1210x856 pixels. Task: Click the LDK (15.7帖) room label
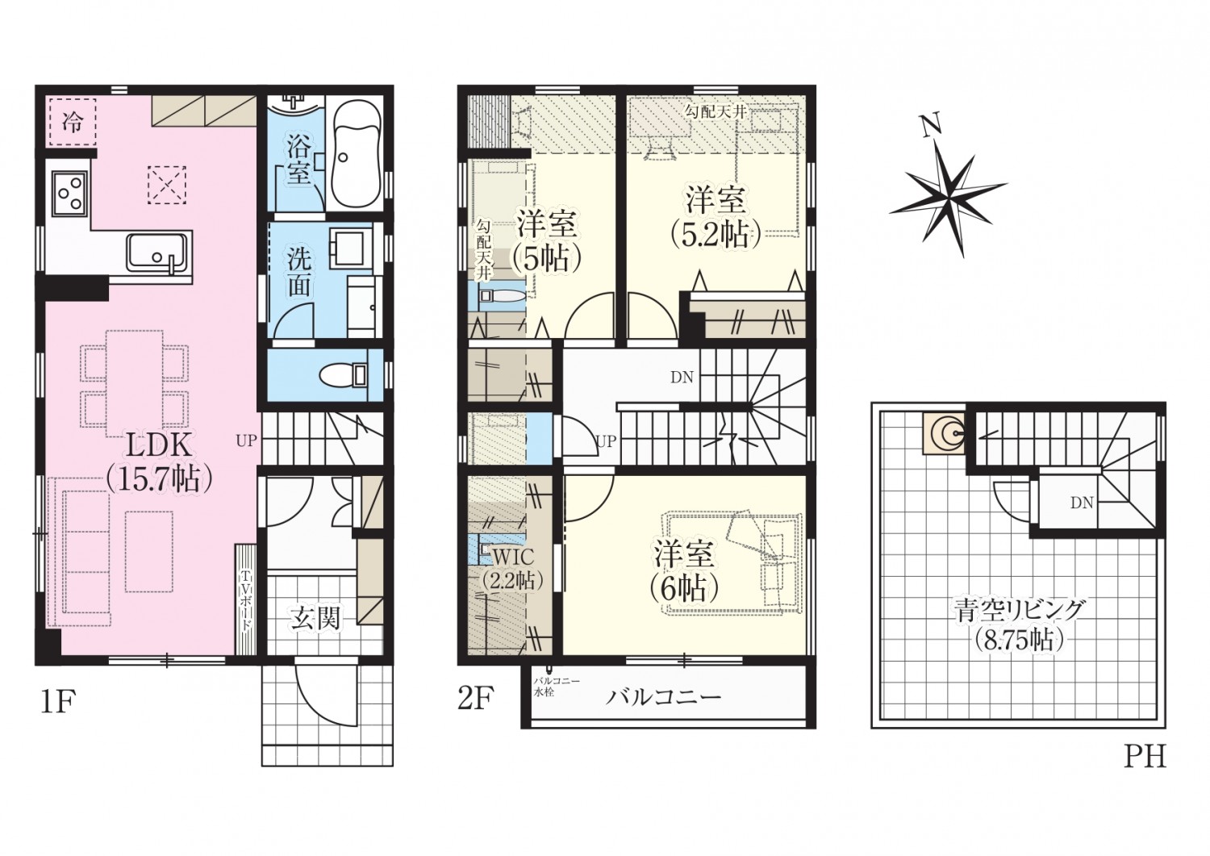[x=159, y=462]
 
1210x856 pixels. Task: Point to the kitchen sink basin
[x=160, y=252]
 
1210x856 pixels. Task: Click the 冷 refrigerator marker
[x=72, y=123]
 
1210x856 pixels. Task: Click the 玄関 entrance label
[x=315, y=618]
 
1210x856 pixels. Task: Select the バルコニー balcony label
[x=663, y=697]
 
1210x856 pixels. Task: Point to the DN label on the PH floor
[x=1082, y=503]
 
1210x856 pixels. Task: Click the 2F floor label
[x=474, y=700]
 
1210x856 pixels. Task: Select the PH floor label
[x=1144, y=757]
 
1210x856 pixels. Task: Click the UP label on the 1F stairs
[x=246, y=441]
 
